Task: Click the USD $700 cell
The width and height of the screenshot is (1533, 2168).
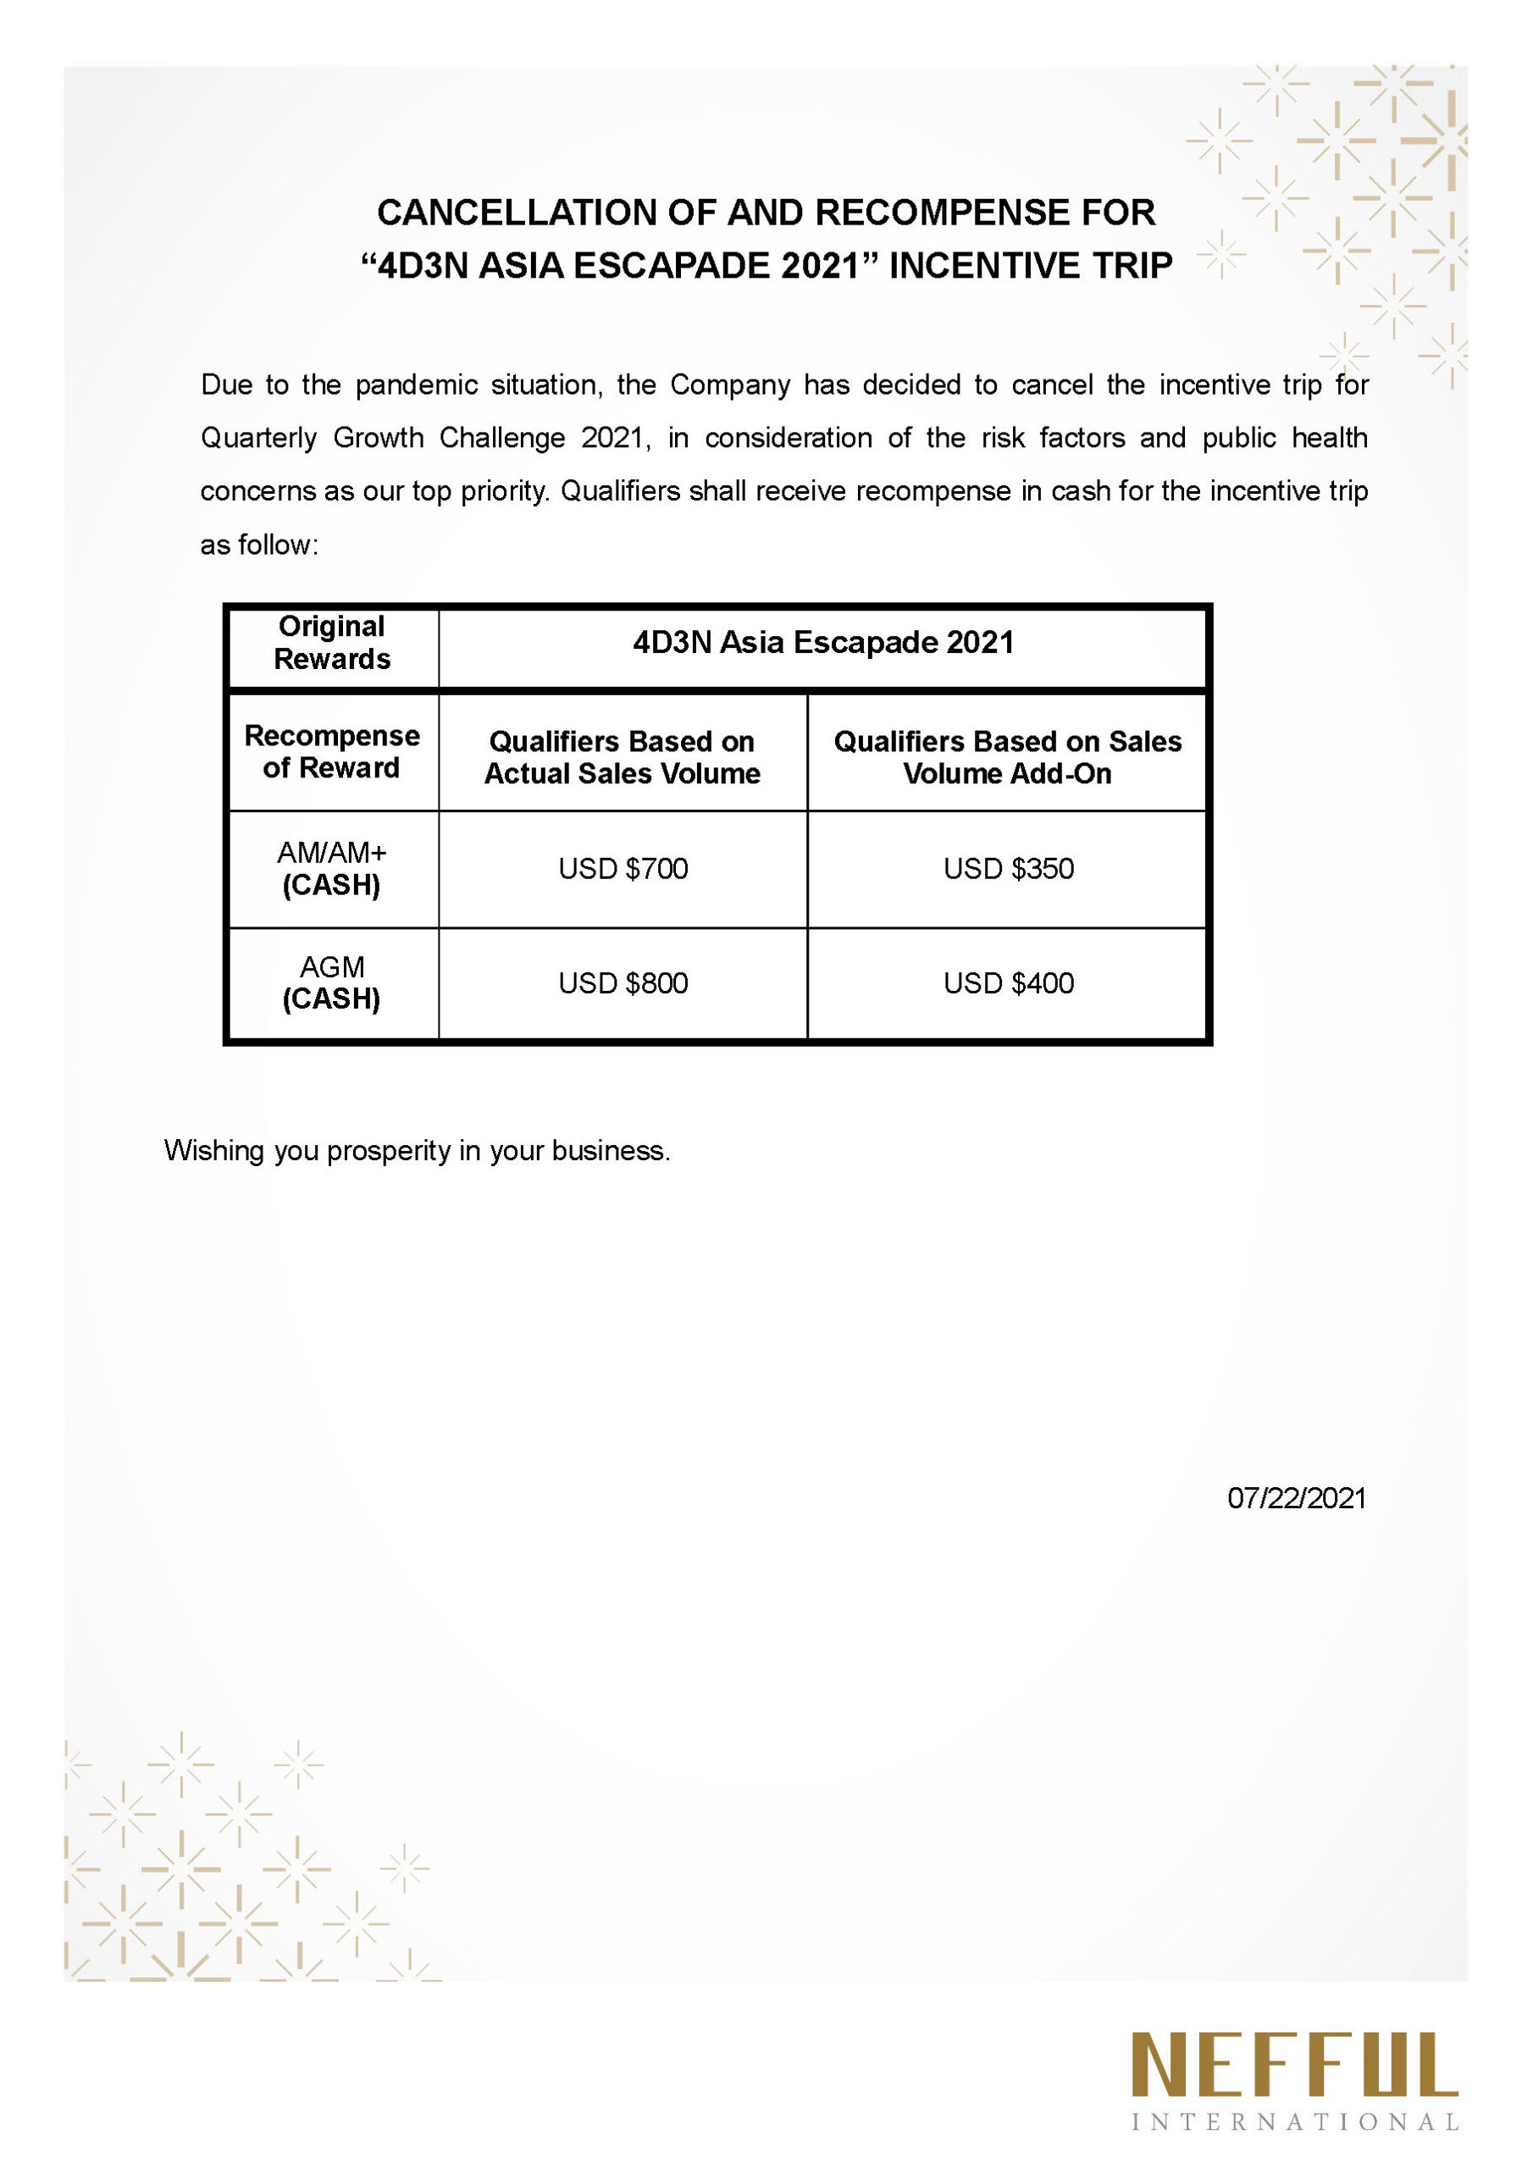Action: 623,869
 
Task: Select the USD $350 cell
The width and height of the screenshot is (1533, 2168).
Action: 1008,869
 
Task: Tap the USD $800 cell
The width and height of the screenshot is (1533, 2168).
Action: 623,983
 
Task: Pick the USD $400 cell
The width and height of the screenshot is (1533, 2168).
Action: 1008,983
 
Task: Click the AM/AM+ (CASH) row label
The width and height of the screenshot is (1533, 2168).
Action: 331,869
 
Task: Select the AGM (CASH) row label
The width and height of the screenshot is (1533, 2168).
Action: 331,983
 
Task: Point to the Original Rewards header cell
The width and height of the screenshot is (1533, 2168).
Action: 331,643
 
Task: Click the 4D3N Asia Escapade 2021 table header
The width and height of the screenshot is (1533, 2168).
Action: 822,643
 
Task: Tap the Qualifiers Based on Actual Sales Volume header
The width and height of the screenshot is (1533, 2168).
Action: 623,757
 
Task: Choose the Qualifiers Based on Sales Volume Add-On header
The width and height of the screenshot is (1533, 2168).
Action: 1007,757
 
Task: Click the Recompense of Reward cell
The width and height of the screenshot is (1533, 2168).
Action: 331,752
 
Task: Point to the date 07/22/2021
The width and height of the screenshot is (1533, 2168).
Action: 1296,1498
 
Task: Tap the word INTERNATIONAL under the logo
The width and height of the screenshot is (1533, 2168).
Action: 1294,2122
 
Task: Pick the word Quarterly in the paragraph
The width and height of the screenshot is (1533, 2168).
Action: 259,438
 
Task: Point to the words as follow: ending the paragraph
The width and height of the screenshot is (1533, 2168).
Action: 259,545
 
